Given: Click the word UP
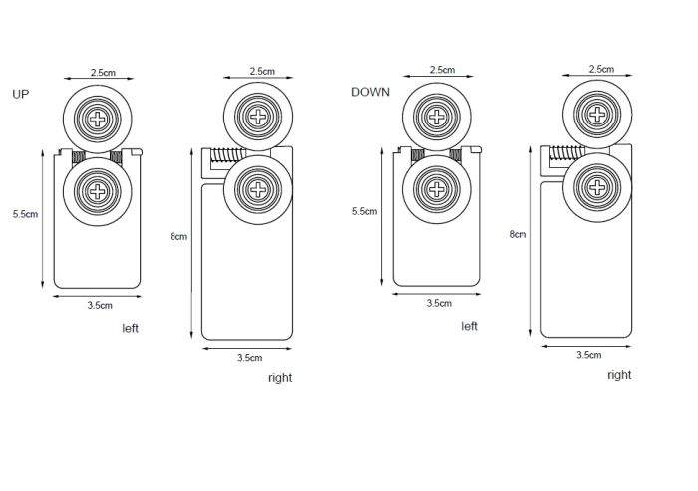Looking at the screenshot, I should pos(21,94).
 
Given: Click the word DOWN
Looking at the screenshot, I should pos(369,93).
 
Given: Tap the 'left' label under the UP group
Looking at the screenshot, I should pos(131,327).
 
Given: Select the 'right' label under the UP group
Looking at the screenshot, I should pos(280,378).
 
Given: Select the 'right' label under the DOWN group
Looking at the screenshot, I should pos(619,375).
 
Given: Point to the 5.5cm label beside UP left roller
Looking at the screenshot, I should pos(26,214).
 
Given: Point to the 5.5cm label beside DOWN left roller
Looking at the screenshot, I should pos(365,211).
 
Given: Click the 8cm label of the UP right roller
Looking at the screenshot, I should pos(178,236).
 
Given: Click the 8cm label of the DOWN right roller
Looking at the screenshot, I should pos(517,234).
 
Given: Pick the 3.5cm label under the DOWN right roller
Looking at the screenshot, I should pos(588,355).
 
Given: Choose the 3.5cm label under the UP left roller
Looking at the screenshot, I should pos(99,305).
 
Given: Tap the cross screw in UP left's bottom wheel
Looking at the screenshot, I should pos(98,188).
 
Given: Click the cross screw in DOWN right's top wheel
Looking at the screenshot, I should pos(600,114).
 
